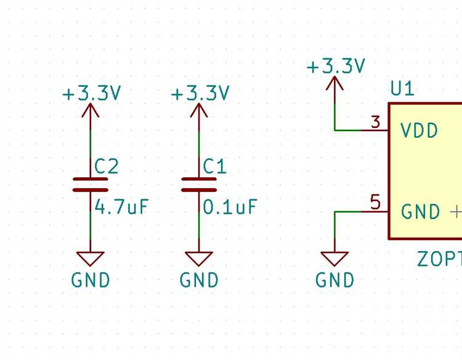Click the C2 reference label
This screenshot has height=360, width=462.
coord(107,166)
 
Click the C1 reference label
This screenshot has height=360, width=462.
coord(215,166)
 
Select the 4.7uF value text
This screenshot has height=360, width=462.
coord(121,207)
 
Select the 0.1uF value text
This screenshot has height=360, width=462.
coord(230,207)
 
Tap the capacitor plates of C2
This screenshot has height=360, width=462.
coord(91,185)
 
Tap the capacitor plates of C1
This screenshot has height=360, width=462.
coord(199,185)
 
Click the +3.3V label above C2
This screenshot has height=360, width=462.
coord(92,94)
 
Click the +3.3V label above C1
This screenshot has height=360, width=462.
coord(200,94)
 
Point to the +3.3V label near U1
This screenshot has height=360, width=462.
coord(336,66)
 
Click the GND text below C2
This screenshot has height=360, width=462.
coord(91,281)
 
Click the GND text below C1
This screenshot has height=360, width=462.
coord(199,281)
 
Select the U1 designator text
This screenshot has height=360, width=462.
coord(402,89)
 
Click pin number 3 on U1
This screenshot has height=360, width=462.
coord(376,122)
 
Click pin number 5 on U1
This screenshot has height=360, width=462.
coord(376,202)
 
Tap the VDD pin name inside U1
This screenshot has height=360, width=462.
coord(419,130)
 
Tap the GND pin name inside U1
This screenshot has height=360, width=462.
coord(421,212)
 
